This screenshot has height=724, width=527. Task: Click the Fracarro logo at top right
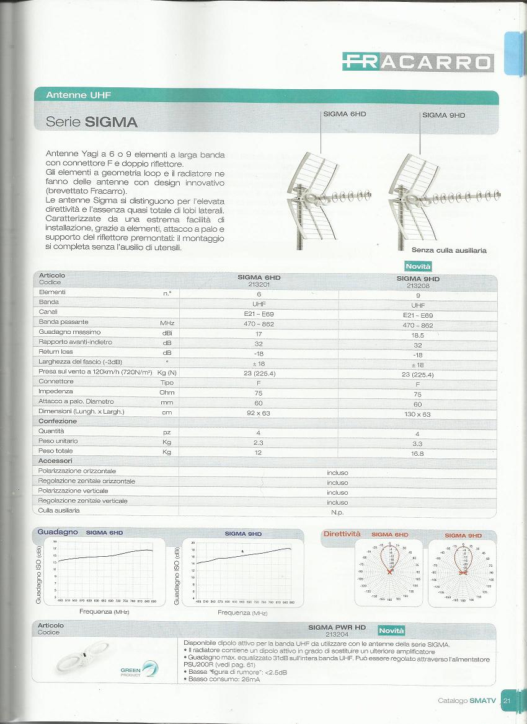(x=418, y=61)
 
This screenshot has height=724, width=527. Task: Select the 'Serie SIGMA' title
(x=92, y=122)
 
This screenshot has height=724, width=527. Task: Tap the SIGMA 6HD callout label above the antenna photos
(x=345, y=115)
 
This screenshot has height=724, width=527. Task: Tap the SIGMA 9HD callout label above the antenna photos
(x=443, y=115)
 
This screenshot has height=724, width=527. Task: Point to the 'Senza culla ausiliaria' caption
(x=449, y=250)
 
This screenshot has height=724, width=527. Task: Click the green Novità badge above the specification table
(x=418, y=266)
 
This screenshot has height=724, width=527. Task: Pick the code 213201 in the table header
(x=259, y=284)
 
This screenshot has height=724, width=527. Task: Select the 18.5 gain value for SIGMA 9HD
(x=417, y=334)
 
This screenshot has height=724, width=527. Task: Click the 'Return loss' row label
(x=56, y=351)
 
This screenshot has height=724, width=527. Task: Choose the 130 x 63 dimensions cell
(x=417, y=414)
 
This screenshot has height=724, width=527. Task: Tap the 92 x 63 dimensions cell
(x=259, y=412)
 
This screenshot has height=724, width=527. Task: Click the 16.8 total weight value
(x=417, y=453)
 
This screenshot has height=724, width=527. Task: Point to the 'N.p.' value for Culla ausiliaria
(x=337, y=512)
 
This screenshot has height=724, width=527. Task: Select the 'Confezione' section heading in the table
(x=58, y=421)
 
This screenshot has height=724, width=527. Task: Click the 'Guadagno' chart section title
(x=58, y=532)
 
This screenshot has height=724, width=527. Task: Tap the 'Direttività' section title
(x=342, y=533)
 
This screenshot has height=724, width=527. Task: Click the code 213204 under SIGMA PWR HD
(x=337, y=635)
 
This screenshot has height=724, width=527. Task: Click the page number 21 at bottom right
(x=507, y=700)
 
